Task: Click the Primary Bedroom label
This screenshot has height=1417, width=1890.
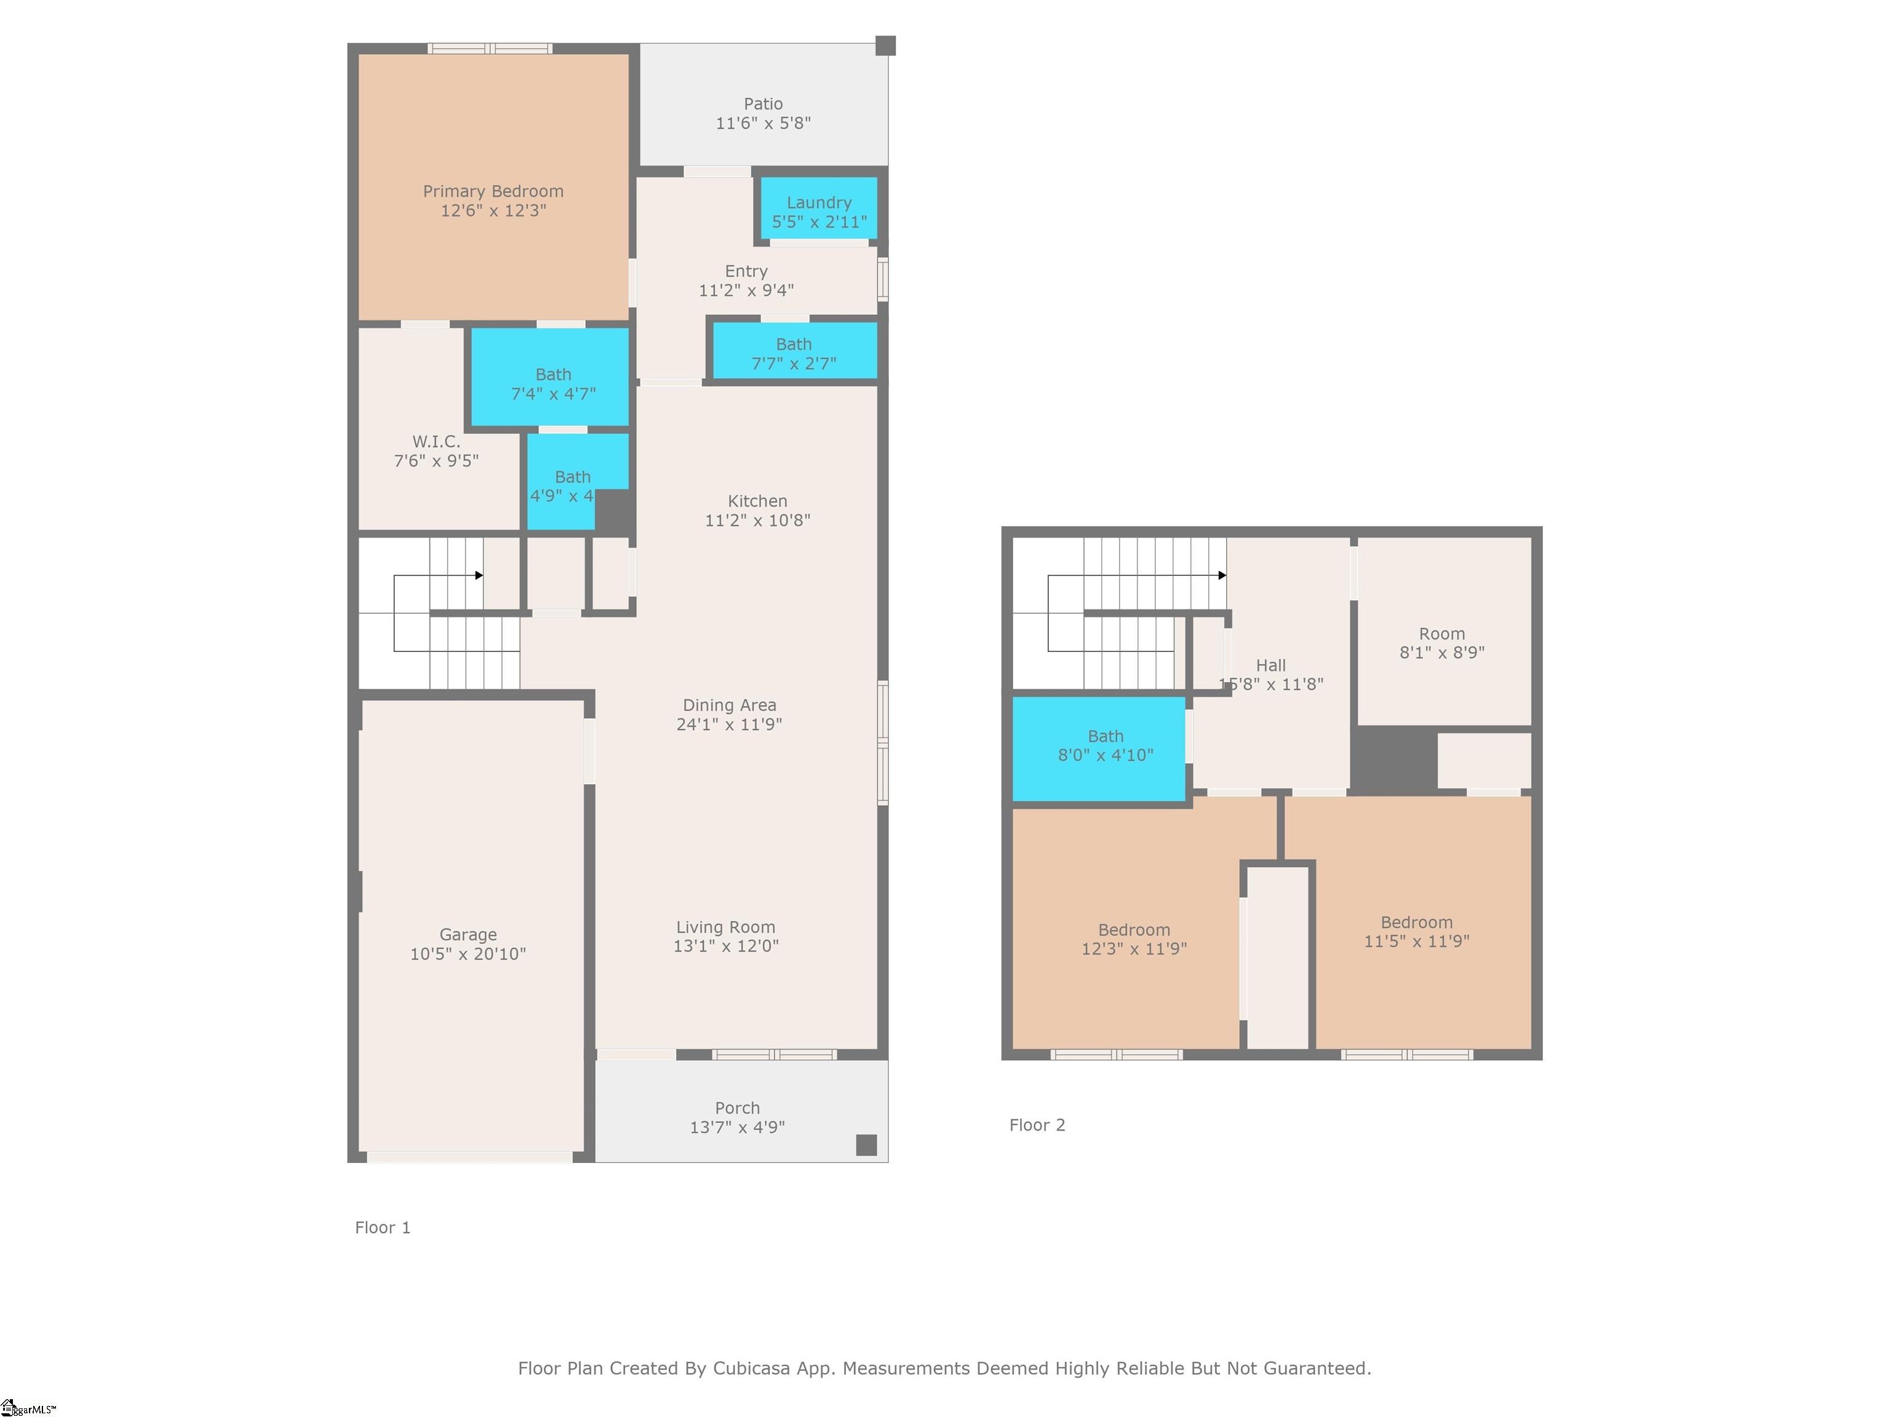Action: point(493,191)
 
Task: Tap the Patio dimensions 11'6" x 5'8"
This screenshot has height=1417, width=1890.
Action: point(762,123)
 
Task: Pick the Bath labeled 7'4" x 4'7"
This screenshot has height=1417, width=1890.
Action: point(553,384)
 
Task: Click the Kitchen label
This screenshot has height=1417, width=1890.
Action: point(757,501)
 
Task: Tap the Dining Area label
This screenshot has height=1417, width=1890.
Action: point(729,705)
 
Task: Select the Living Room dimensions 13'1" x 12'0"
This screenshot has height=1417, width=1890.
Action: point(725,945)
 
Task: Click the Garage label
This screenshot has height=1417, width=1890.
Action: point(468,934)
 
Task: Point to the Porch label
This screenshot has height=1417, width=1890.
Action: point(736,1108)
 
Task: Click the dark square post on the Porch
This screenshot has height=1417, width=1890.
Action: point(866,1145)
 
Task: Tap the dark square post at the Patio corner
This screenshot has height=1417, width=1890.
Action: point(885,46)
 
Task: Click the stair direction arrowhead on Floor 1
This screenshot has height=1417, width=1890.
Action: point(479,576)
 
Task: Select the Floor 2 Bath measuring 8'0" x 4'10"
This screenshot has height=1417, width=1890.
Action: point(1105,745)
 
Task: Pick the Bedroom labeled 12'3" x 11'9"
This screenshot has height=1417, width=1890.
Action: point(1134,939)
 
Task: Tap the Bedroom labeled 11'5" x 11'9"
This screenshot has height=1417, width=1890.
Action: point(1416,931)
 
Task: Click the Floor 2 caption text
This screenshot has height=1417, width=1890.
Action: point(1037,1125)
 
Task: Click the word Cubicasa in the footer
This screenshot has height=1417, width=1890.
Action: point(752,1368)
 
